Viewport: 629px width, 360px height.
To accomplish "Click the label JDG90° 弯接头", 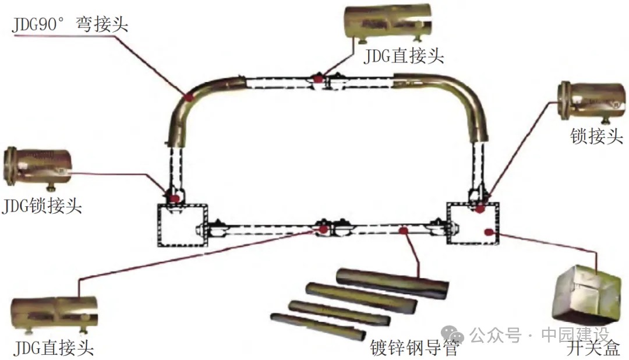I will click(72, 25).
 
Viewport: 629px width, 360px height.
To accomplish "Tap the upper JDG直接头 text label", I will click(404, 56).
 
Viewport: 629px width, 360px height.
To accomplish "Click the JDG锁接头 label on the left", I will click(41, 206).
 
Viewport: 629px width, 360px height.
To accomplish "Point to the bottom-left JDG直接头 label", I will click(53, 348).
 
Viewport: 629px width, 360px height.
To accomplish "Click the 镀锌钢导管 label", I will click(415, 348).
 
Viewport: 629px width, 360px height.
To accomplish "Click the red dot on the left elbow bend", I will click(189, 98).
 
